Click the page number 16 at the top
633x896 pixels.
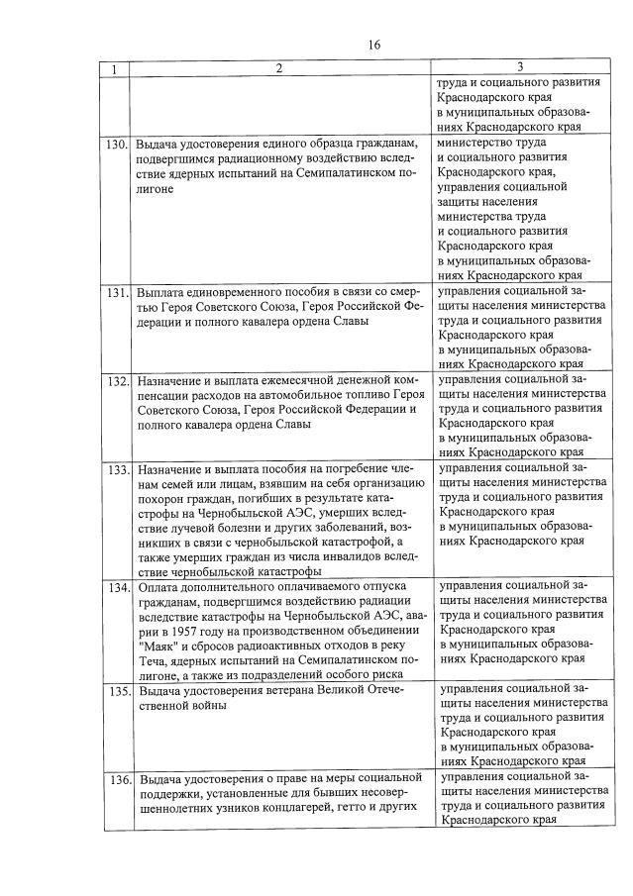[x=373, y=45]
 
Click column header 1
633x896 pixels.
[x=116, y=69]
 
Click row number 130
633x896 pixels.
[x=117, y=144]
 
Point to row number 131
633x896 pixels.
[x=117, y=294]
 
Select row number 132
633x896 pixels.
[x=117, y=381]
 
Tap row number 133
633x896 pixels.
[x=117, y=468]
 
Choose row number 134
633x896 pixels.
[x=117, y=587]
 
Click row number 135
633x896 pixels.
[x=117, y=690]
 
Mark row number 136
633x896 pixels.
[x=117, y=778]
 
